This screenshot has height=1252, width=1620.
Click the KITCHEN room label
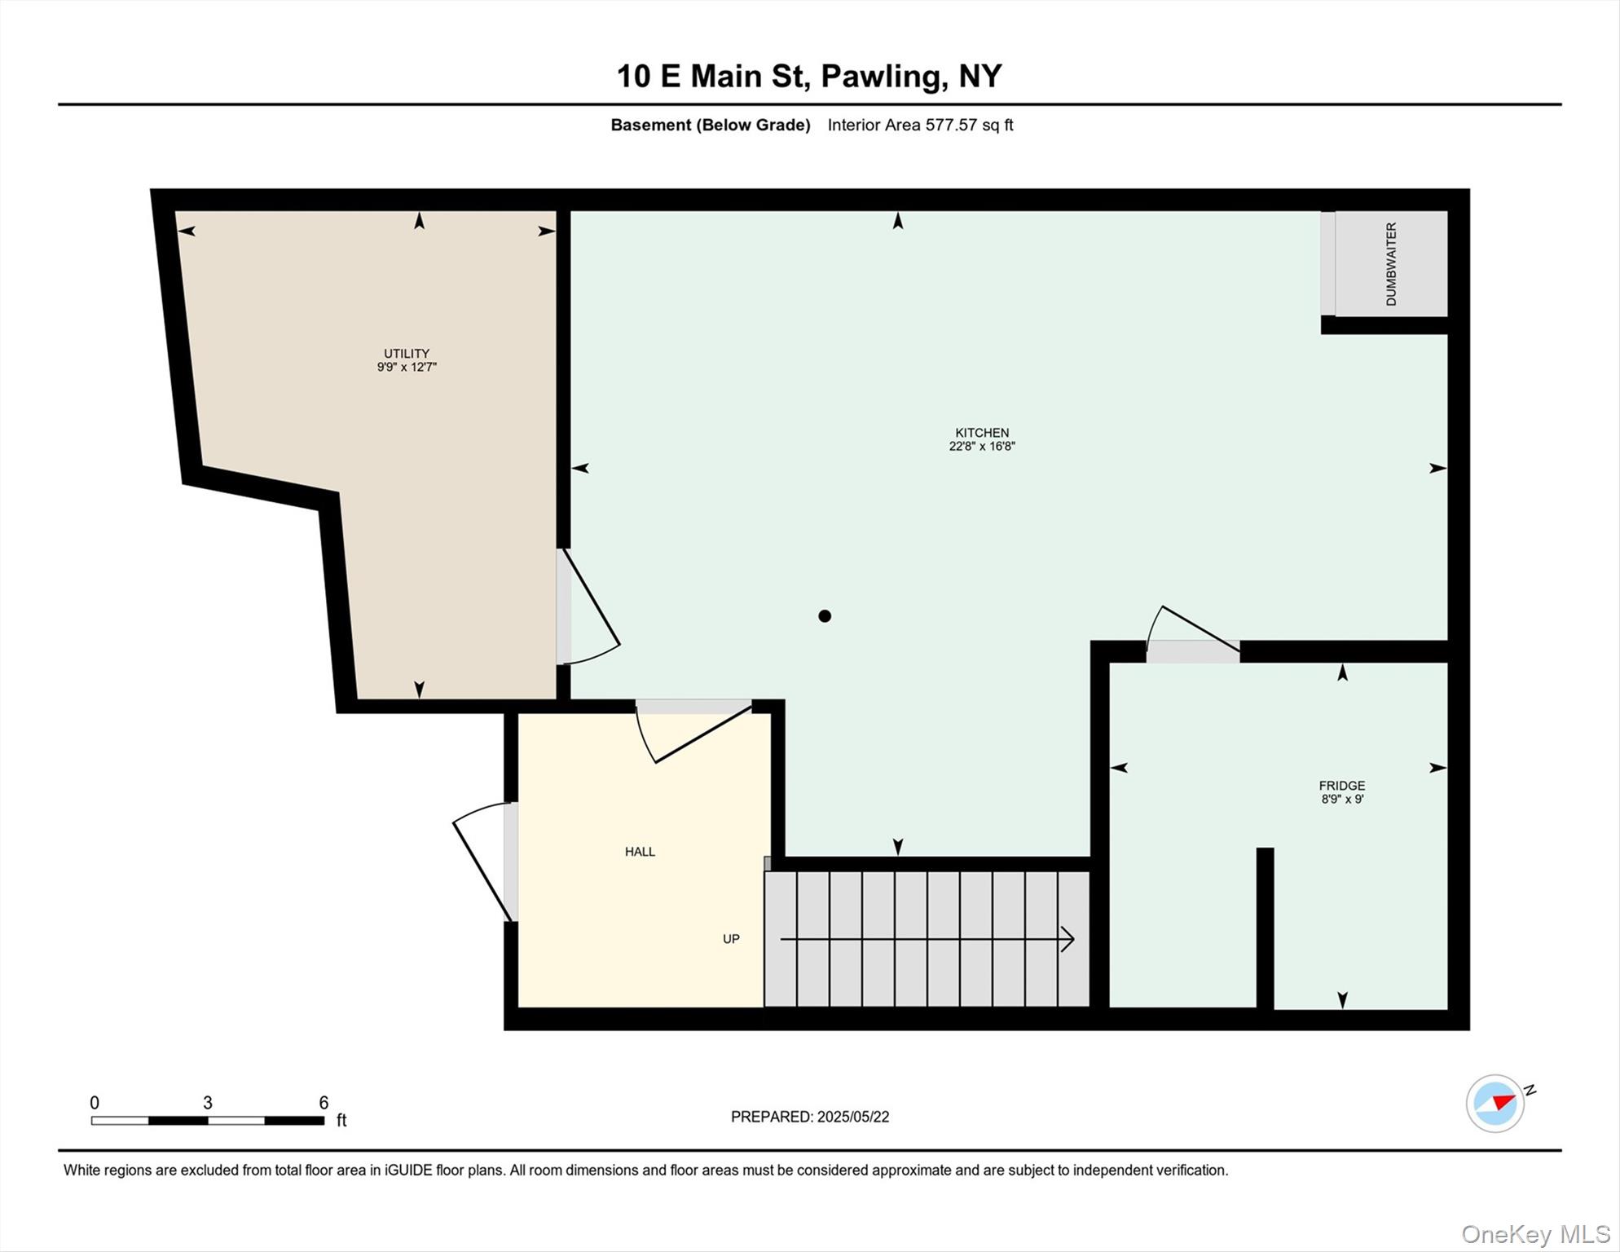click(x=982, y=433)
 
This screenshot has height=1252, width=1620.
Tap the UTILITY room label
click(x=407, y=354)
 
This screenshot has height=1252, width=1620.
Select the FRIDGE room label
click(x=1341, y=786)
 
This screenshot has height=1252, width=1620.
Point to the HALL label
click(x=640, y=852)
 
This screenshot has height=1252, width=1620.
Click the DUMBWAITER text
click(x=1391, y=264)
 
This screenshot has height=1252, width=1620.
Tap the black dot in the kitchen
click(x=825, y=616)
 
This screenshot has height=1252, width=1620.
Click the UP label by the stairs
click(x=731, y=939)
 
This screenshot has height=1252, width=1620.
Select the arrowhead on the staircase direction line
click(x=1068, y=940)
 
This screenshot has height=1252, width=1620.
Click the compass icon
click(x=1495, y=1104)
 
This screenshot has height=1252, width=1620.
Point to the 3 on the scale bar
click(x=208, y=1103)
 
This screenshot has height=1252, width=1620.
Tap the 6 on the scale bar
click(x=324, y=1103)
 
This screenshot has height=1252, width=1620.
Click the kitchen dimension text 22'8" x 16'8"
click(x=982, y=447)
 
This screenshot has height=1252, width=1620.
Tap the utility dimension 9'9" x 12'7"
click(x=407, y=368)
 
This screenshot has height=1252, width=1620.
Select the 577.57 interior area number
click(x=950, y=125)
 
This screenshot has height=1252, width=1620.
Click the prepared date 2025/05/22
click(x=852, y=1117)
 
